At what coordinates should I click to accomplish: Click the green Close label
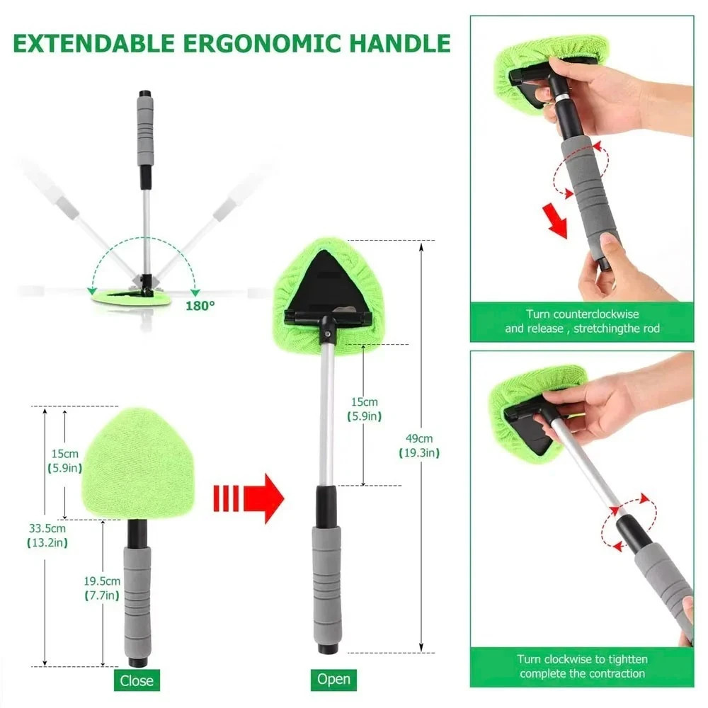[x=137, y=680]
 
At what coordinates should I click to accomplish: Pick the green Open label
[x=333, y=679]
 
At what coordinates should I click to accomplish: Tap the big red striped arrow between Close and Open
[x=249, y=498]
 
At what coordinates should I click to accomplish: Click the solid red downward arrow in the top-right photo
[x=556, y=220]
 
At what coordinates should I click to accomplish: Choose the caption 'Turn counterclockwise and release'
[x=581, y=321]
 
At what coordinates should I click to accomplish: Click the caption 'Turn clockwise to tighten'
[x=582, y=666]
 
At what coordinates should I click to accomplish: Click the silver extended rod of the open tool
[x=326, y=418]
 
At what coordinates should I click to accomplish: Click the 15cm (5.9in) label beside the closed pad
[x=65, y=460]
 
